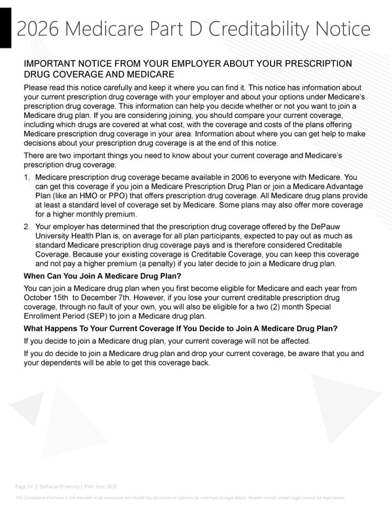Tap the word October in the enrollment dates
pos(39,297)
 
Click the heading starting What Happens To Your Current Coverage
pos(180,328)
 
